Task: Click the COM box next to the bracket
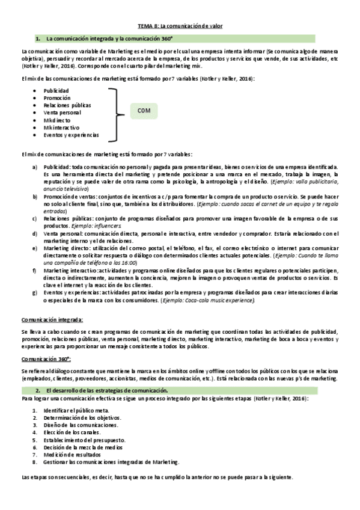tap(145, 111)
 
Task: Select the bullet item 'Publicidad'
tap(56, 91)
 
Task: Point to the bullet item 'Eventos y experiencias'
tap(71, 135)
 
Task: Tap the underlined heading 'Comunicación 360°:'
tap(46, 358)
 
